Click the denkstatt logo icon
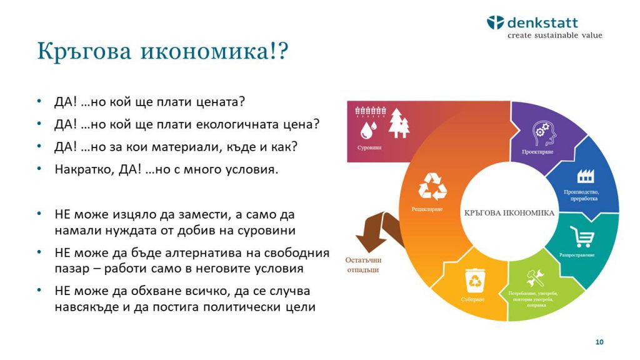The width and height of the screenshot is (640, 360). pos(495,23)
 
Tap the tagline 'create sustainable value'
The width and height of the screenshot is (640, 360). pos(554,36)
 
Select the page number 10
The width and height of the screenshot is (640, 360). pos(599,342)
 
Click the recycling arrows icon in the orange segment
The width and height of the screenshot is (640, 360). pos(432,186)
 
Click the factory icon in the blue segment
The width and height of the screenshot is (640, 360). pos(586,176)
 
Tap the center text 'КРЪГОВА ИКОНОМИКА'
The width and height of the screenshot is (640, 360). pos(509,212)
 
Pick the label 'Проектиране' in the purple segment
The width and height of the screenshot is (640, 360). pos(537,152)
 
